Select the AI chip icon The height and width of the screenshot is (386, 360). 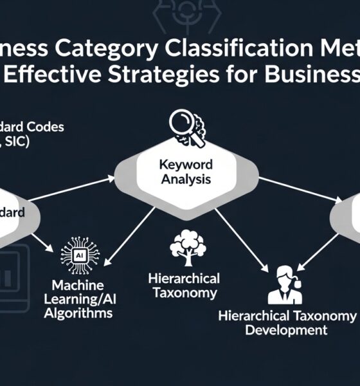pos(80,253)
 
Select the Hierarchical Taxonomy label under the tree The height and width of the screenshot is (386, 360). pos(183,286)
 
